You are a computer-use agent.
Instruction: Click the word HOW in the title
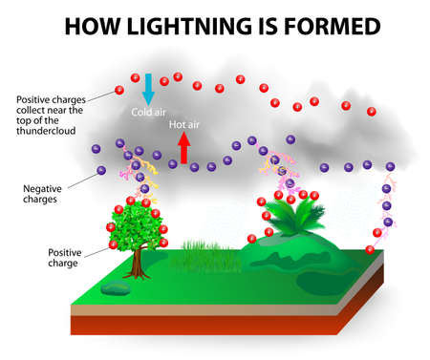coord(91,26)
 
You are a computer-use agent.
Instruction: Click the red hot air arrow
coord(183,146)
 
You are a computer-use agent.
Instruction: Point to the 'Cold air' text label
coord(149,113)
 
